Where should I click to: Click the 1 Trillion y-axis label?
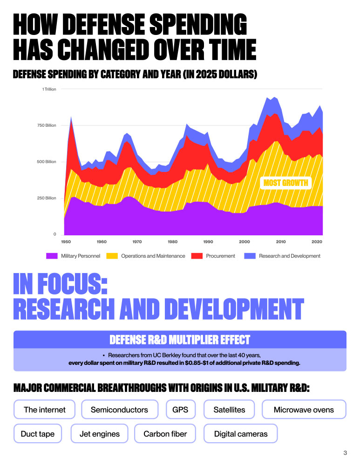click(x=49, y=89)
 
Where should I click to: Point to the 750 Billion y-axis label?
click(x=47, y=125)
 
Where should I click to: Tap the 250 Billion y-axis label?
click(x=47, y=198)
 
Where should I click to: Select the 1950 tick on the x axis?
click(x=66, y=242)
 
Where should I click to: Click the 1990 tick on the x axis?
click(x=208, y=242)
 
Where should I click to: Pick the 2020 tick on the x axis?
click(x=317, y=242)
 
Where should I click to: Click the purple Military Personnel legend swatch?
click(x=52, y=256)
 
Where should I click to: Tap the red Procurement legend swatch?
click(x=198, y=256)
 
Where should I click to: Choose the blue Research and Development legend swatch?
click(x=250, y=256)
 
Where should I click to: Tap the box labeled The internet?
click(x=45, y=410)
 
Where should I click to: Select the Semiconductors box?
click(x=119, y=410)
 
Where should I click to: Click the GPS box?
click(x=180, y=410)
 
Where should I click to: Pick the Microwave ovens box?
click(x=304, y=410)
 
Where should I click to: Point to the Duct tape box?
click(x=38, y=434)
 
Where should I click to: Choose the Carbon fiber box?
click(x=165, y=434)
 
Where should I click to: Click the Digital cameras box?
click(x=240, y=434)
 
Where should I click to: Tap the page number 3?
click(x=345, y=452)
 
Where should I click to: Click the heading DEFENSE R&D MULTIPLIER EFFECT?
click(x=180, y=339)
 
